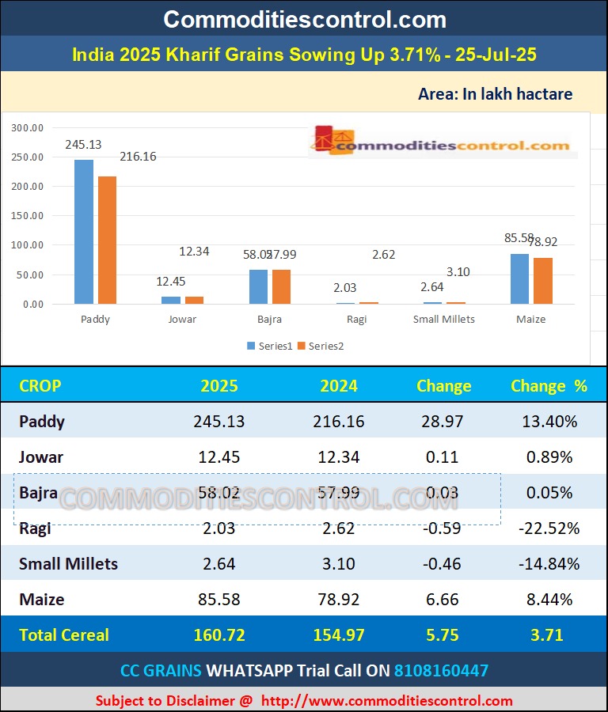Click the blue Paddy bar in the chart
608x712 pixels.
pos(84,232)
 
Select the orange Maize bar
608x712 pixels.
pos(543,281)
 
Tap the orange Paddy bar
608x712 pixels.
pos(107,240)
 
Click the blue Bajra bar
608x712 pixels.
pos(258,286)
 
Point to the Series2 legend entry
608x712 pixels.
pos(321,346)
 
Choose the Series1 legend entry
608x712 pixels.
pos(270,346)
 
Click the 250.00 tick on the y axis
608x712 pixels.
pos(28,157)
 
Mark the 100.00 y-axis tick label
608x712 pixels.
pos(28,245)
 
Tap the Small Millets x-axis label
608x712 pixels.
pos(444,320)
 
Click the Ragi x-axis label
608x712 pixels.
pos(357,320)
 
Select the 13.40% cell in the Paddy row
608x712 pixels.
pos(549,422)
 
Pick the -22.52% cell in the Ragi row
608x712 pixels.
pos(549,528)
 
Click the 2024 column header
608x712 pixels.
pos(339,386)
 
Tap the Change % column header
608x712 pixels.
pos(549,386)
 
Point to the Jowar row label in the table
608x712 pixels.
pos(41,457)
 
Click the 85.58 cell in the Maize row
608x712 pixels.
pos(219,600)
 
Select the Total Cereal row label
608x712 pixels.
pos(64,634)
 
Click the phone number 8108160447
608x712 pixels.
pos(442,671)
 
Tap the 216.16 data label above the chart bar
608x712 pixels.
pos(139,157)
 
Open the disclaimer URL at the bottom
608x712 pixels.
pos(387,701)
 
